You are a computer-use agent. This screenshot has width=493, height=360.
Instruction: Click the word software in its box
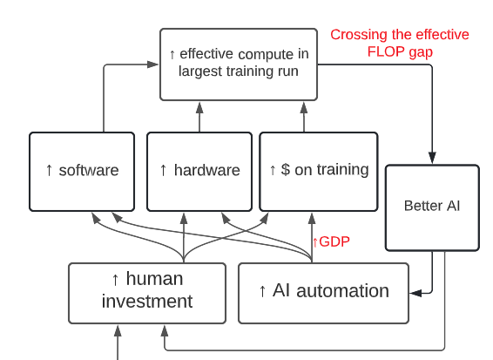(x=89, y=170)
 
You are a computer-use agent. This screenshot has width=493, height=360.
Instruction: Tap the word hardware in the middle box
(x=207, y=170)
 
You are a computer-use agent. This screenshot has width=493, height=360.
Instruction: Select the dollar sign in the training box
(x=286, y=169)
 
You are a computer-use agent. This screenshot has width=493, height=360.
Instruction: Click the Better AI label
(x=432, y=206)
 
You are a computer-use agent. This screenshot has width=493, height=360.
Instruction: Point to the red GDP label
(x=334, y=242)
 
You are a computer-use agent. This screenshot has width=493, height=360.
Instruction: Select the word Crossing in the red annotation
(x=358, y=35)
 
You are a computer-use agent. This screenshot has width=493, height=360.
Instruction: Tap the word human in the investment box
(x=154, y=279)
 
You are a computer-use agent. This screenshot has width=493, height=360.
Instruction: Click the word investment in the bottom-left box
(x=147, y=301)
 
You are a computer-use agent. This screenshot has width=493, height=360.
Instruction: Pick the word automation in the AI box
(x=342, y=290)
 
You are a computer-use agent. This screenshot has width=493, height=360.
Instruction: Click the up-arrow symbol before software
(x=49, y=170)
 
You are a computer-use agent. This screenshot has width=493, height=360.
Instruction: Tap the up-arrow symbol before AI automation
(x=262, y=291)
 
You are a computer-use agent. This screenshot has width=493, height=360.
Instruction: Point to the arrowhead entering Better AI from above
(x=432, y=158)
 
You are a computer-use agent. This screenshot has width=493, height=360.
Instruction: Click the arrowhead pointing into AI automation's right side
(x=415, y=293)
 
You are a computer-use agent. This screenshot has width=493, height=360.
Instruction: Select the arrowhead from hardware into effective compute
(x=199, y=107)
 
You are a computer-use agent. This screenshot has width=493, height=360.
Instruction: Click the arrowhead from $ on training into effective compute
(x=304, y=107)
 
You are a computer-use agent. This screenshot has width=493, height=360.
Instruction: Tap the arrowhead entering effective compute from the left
(x=153, y=65)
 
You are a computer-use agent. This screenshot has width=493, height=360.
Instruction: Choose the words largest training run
(x=239, y=71)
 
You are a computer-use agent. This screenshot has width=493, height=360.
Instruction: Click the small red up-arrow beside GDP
(x=315, y=242)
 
